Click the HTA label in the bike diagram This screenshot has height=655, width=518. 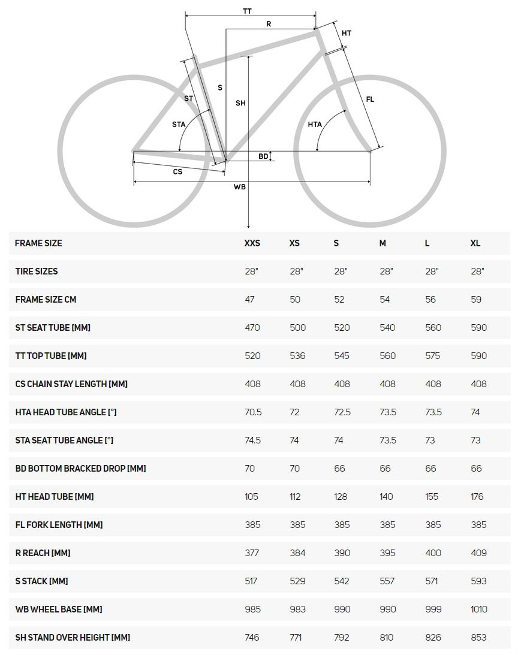click(315, 125)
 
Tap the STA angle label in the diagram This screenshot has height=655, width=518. click(179, 125)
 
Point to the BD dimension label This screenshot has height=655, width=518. click(263, 156)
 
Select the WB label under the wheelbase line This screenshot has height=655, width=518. click(240, 187)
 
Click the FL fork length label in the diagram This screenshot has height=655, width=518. click(370, 99)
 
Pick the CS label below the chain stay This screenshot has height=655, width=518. click(177, 172)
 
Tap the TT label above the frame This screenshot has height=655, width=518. click(247, 11)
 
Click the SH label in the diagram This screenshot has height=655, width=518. click(240, 104)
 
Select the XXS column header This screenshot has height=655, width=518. click(252, 243)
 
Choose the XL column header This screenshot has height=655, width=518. click(475, 243)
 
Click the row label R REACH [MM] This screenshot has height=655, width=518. click(43, 553)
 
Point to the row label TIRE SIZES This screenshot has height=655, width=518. click(37, 271)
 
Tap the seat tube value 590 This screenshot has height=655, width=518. click(479, 328)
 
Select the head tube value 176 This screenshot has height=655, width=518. click(478, 497)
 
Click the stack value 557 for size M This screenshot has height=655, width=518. click(388, 581)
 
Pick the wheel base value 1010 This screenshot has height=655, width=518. click(479, 609)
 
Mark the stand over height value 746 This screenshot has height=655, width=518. click(252, 638)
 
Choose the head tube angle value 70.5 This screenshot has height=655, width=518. click(252, 412)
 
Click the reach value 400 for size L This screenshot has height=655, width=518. click(433, 553)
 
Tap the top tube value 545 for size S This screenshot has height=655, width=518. click(342, 356)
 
